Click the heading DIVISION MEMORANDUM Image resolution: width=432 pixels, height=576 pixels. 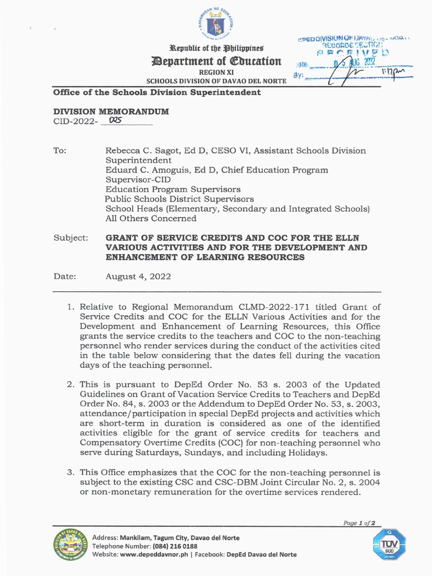pyautogui.click(x=111, y=111)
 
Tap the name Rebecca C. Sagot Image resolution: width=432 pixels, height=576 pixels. pyautogui.click(x=140, y=151)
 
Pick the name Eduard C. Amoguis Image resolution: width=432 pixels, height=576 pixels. pyautogui.click(x=142, y=170)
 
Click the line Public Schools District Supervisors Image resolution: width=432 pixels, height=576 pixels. pyautogui.click(x=179, y=199)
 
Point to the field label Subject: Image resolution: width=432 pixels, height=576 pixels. pyautogui.click(x=71, y=238)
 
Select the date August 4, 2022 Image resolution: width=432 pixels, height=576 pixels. pyautogui.click(x=138, y=277)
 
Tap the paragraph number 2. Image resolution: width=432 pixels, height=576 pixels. pyautogui.click(x=71, y=385)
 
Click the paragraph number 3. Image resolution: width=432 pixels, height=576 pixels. pyautogui.click(x=71, y=472)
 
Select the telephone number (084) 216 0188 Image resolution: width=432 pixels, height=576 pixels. pyautogui.click(x=175, y=546)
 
